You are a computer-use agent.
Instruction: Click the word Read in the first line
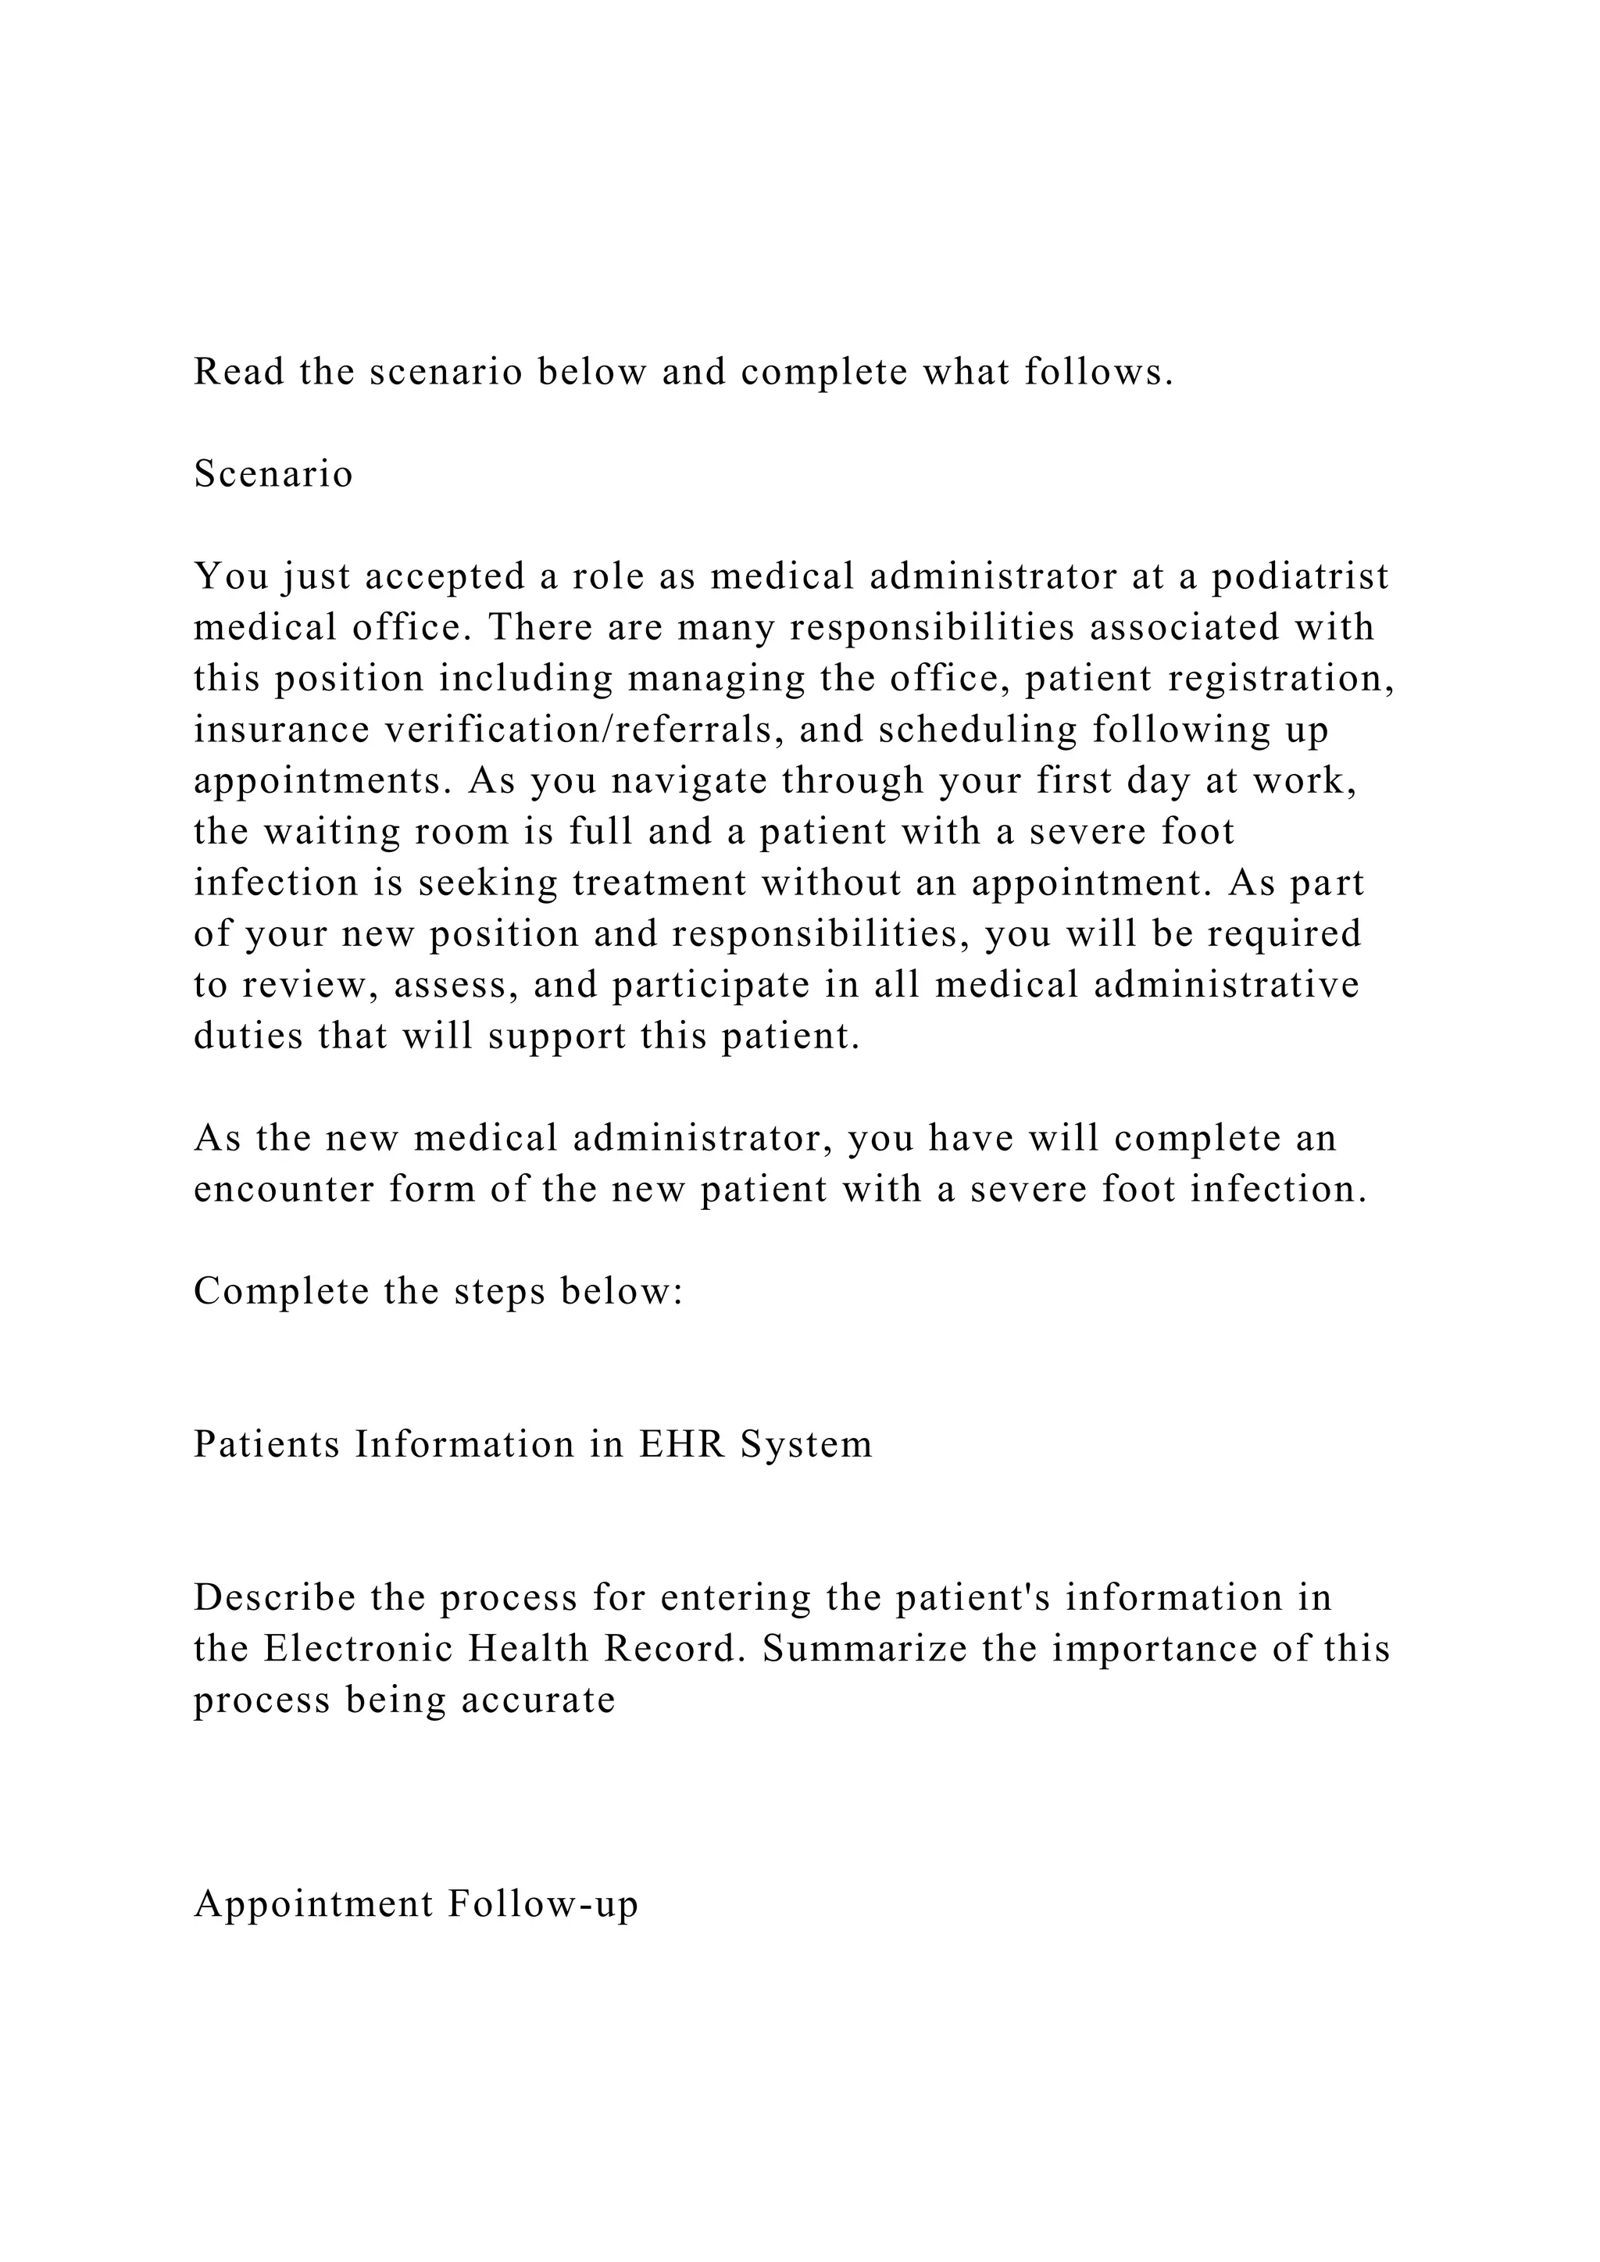coord(237,372)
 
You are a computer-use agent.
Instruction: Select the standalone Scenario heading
coord(273,474)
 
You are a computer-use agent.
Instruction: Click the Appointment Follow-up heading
coord(416,1904)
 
